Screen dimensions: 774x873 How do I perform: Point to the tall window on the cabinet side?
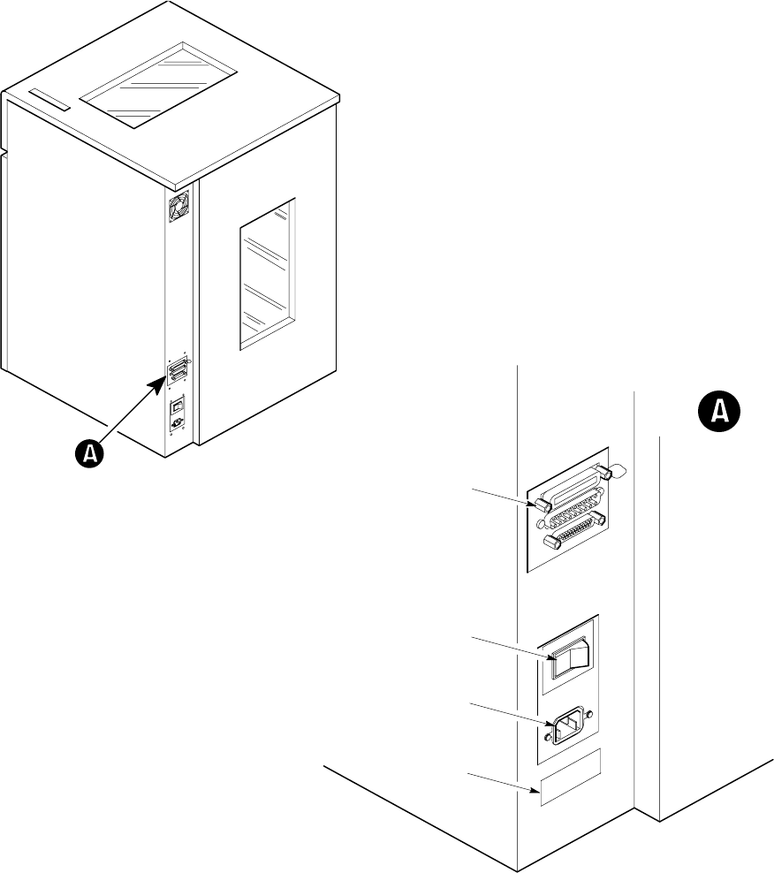pyautogui.click(x=267, y=274)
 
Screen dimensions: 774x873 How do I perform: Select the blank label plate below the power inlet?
pyautogui.click(x=570, y=778)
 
